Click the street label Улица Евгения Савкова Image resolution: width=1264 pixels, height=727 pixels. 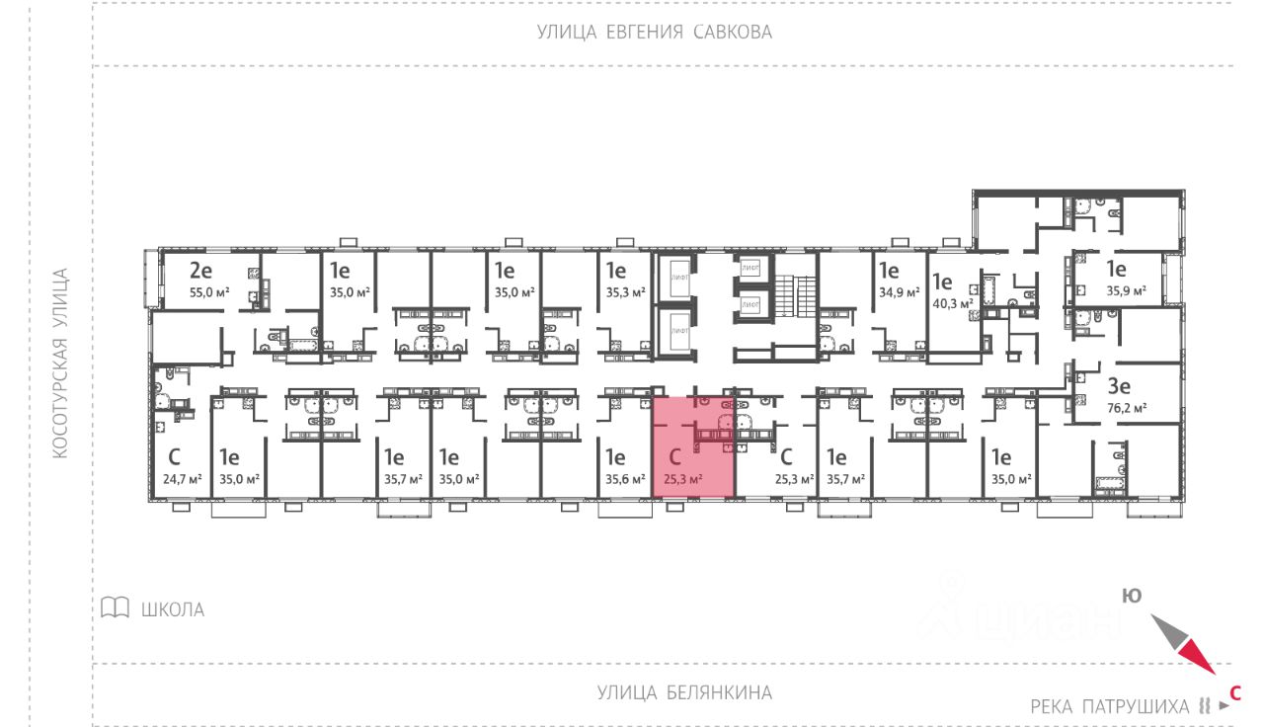[x=654, y=33]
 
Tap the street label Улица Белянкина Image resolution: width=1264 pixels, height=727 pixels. [x=684, y=692]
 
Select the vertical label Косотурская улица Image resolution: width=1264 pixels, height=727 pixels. [x=60, y=363]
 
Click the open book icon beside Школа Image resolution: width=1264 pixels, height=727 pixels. [x=116, y=607]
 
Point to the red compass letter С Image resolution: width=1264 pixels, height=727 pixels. [x=1234, y=692]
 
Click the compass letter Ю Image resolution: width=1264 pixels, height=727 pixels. [x=1132, y=596]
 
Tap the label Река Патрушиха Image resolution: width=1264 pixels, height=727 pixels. [x=1109, y=706]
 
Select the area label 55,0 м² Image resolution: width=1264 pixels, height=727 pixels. [x=208, y=292]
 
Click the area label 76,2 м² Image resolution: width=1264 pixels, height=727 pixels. [x=1126, y=407]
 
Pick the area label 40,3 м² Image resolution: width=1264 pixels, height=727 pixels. [x=950, y=303]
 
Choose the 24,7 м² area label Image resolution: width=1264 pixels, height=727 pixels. [x=182, y=479]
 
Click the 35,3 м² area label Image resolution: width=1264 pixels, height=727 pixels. [x=625, y=292]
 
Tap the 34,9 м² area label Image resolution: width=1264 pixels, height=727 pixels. [x=899, y=292]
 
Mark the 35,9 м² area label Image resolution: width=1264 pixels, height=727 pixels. [x=1126, y=291]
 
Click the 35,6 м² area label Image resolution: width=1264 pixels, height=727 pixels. [x=624, y=479]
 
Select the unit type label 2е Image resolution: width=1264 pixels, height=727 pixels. [x=201, y=270]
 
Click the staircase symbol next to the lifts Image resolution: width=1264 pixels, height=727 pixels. [x=786, y=292]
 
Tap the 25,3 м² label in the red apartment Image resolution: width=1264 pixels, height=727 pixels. [x=683, y=479]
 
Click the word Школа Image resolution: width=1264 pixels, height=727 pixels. [x=173, y=609]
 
